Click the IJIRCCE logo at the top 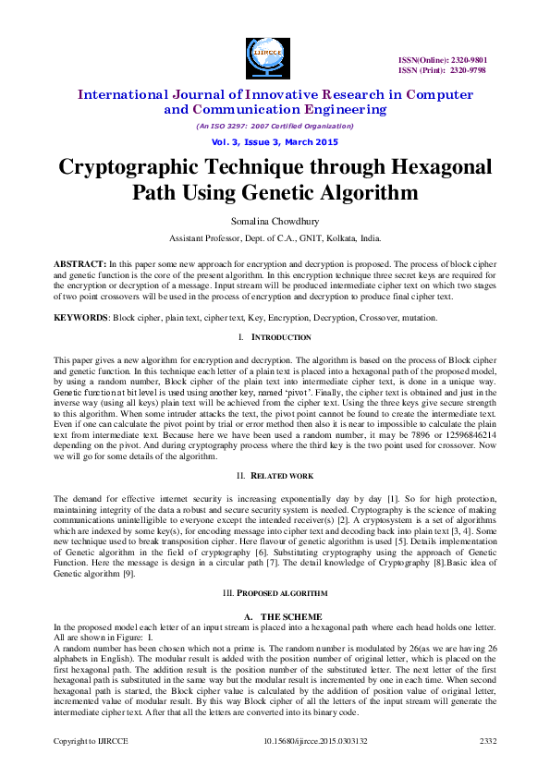coord(268,58)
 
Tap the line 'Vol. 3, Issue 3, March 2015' coord(275,142)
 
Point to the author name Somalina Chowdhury coord(275,220)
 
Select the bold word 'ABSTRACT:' coord(79,264)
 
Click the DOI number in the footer coord(315,741)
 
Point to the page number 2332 coord(487,741)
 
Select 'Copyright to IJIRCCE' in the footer coord(89,741)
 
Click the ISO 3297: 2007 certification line coord(275,126)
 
